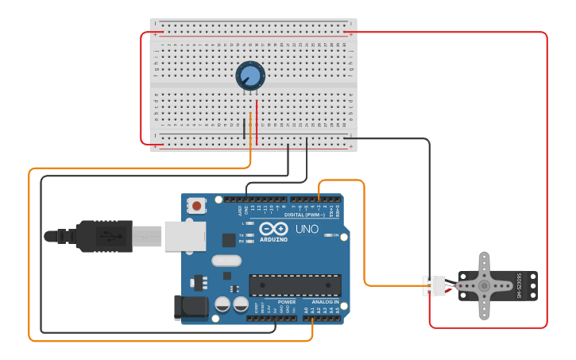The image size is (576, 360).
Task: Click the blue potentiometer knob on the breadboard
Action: point(249,76)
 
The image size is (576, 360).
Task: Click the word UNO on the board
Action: point(307,229)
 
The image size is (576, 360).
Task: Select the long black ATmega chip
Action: point(295,285)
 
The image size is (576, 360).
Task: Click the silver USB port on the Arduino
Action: point(185,236)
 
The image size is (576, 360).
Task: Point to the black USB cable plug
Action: point(103,236)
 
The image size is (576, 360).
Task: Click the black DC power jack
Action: point(191,308)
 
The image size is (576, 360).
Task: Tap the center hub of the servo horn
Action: point(485,285)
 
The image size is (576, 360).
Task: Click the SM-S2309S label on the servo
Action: point(520,286)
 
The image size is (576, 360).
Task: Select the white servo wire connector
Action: point(434,285)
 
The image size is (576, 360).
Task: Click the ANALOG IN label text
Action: point(325,302)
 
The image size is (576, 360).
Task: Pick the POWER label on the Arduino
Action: point(287,302)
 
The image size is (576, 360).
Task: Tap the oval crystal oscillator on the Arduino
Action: point(226,260)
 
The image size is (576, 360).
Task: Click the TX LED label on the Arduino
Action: point(242,235)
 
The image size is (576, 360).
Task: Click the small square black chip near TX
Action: point(229,239)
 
